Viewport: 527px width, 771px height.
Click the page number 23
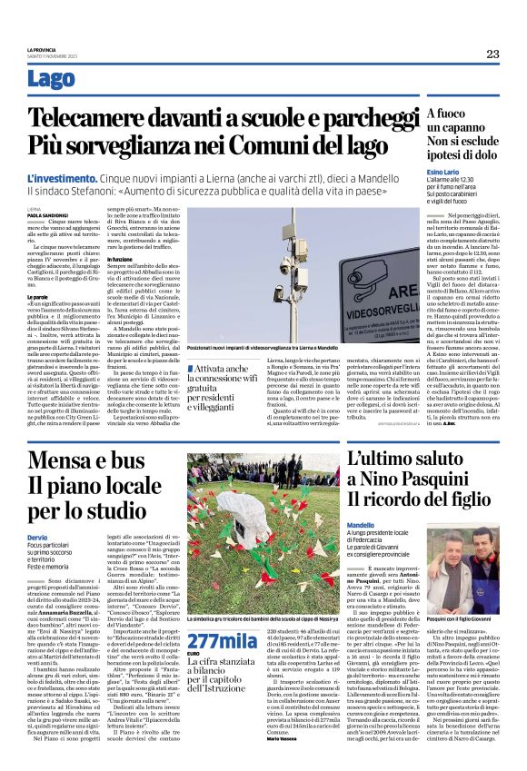coord(492,54)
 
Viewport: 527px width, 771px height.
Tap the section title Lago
coord(52,80)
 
